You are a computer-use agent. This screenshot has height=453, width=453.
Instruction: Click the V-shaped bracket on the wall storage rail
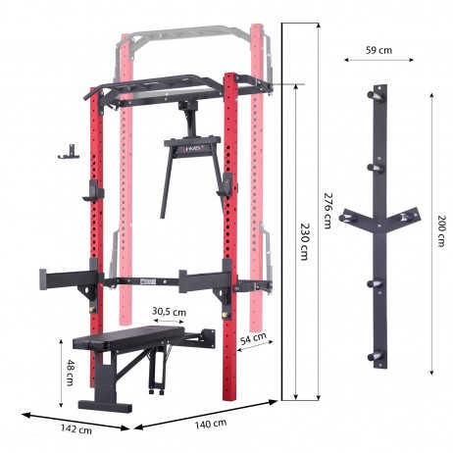376,219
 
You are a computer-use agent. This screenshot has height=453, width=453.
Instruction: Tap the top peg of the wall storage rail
376,95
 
